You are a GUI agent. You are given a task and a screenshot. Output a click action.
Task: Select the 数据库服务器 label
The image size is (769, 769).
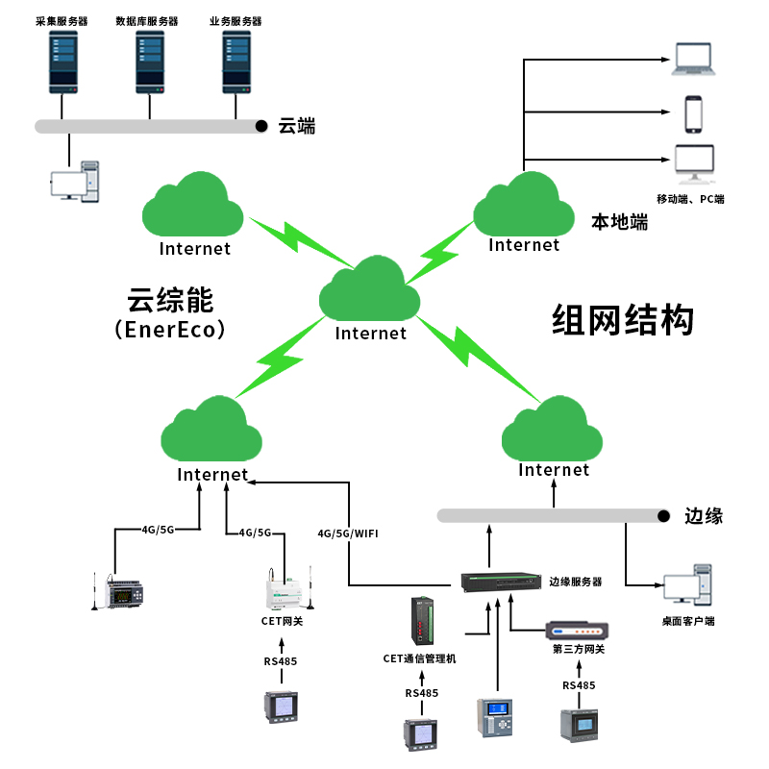147,21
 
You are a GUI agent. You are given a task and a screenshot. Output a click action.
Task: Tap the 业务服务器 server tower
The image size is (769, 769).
236,61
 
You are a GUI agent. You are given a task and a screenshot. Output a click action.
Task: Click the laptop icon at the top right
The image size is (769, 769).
694,59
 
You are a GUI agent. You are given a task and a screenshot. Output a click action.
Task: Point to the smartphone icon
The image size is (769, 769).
694,112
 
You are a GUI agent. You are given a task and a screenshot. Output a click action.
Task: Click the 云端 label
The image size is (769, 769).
297,126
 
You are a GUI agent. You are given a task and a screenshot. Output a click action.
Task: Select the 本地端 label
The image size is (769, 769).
619,222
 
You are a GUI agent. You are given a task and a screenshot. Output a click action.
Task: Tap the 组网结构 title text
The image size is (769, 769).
623,320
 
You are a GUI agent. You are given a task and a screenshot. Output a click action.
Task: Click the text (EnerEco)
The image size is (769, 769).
169,330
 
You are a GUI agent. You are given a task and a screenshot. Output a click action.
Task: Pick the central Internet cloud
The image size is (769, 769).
371,293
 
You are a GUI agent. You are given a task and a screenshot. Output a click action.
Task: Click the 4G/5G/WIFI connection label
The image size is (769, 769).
348,533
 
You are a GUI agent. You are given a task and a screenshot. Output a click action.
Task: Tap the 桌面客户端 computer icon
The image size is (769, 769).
687,588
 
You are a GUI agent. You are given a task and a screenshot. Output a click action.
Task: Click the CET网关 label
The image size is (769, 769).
282,621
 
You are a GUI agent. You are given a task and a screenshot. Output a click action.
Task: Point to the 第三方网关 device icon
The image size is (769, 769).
577,631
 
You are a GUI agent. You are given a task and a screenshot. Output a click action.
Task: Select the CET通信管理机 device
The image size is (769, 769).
423,621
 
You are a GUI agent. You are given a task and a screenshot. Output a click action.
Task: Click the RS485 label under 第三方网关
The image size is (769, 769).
579,685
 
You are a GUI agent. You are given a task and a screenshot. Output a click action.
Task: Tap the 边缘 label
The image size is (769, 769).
704,516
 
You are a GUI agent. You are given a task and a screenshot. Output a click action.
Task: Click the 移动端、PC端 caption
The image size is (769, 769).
690,199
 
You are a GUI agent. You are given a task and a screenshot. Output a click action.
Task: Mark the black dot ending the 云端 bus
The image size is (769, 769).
261,126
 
